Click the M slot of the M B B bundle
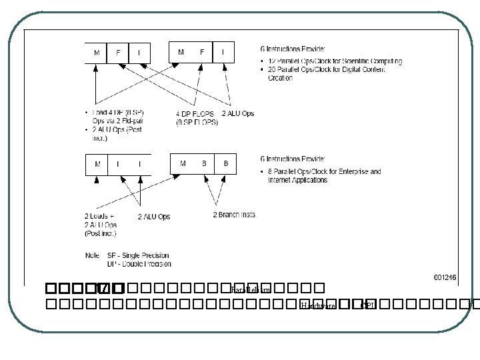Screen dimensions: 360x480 183,163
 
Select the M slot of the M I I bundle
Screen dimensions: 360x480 97,164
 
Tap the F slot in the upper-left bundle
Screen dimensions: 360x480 119,51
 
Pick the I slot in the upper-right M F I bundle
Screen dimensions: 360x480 223,51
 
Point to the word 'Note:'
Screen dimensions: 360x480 93,255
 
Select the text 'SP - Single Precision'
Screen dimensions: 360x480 138,255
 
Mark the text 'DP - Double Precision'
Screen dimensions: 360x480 138,263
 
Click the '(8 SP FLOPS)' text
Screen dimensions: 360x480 196,122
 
